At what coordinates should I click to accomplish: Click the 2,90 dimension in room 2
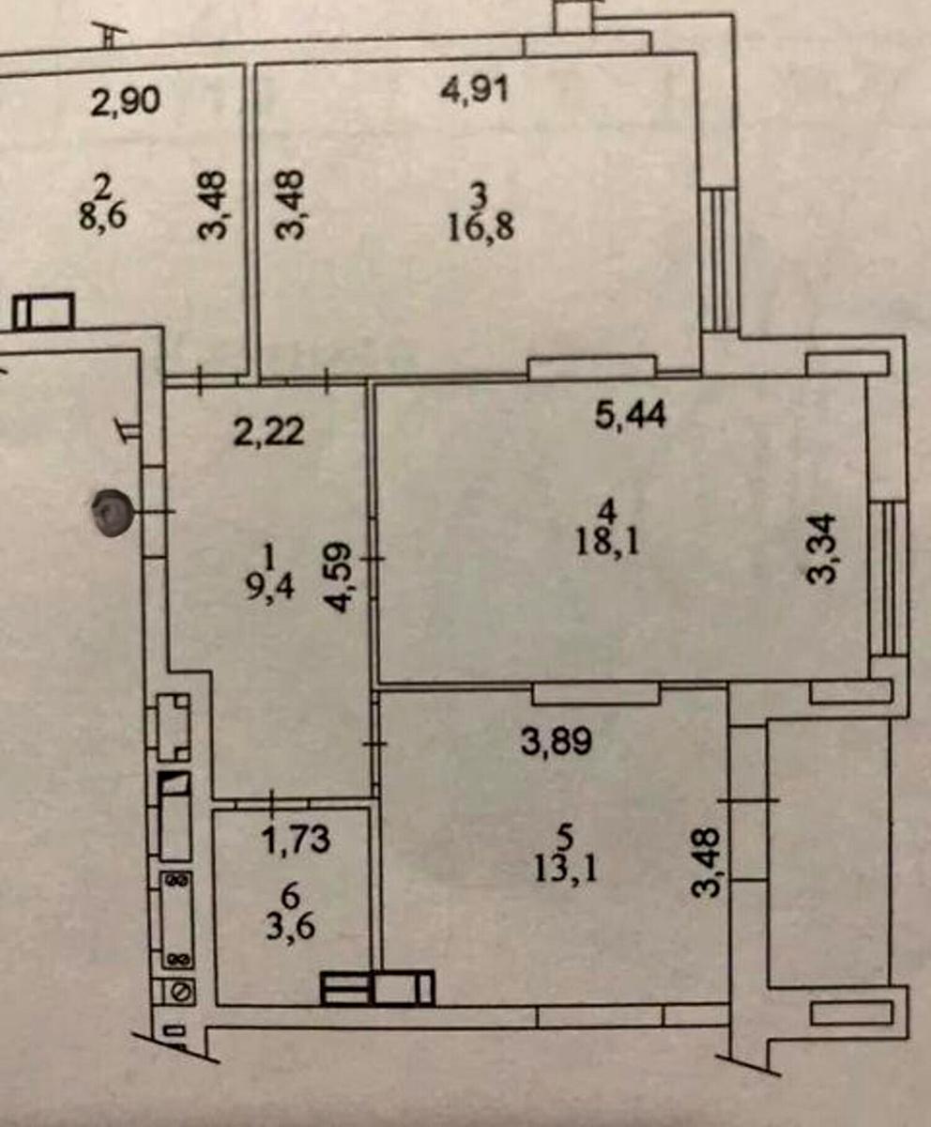125,101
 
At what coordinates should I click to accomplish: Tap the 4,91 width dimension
475,90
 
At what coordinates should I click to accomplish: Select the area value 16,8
481,227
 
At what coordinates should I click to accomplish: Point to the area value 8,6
102,216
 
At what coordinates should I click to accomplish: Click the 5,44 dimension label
631,415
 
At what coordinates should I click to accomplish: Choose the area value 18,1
608,542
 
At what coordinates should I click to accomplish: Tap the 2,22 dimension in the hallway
268,432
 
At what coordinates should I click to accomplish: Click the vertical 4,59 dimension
341,578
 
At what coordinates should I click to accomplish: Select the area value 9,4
269,587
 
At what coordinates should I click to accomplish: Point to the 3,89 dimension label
557,741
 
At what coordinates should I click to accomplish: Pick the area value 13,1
566,869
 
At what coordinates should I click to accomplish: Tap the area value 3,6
291,927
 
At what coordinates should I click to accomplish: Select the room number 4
608,511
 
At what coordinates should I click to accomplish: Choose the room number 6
291,896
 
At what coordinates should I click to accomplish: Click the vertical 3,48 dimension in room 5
706,862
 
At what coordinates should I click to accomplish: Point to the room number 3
480,196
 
